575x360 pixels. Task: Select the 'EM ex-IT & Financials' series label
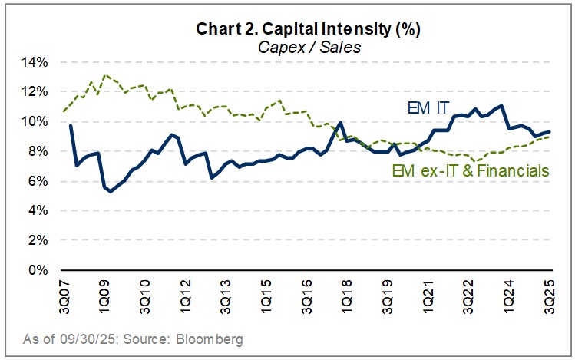[470, 171]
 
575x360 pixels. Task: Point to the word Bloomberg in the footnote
[216, 338]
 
